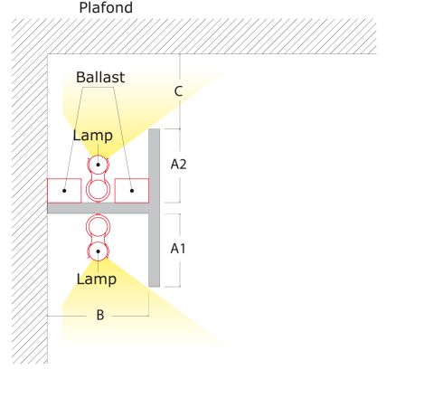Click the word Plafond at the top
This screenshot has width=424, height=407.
pos(106,7)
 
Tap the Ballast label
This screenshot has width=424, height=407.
pos(100,77)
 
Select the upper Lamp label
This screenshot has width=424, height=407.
pos(93,136)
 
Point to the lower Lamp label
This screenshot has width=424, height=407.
pos(97,279)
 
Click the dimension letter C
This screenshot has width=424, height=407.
pos(178,91)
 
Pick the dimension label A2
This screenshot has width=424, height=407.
pos(178,165)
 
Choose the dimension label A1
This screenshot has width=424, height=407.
pos(178,249)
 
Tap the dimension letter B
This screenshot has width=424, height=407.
pos(100,315)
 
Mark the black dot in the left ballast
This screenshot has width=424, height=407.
pos(64,191)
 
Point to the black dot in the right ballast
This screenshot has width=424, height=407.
pos(132,191)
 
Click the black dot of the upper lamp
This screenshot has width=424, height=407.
pos(98,165)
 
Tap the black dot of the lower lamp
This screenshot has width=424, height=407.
pos(98,251)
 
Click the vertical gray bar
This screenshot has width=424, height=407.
pos(154,208)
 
